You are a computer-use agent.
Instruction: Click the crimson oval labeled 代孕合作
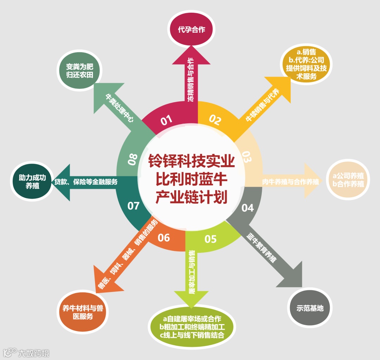pyautogui.click(x=191, y=30)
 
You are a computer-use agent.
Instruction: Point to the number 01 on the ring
pyautogui.click(x=167, y=120)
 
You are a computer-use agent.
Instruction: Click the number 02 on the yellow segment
pyautogui.click(x=215, y=120)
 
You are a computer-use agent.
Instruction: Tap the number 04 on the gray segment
pyautogui.click(x=247, y=208)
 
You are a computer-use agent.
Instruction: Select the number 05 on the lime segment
pyautogui.click(x=210, y=239)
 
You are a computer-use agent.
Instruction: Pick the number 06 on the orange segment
pyautogui.click(x=164, y=238)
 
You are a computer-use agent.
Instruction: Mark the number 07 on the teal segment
pyautogui.click(x=133, y=206)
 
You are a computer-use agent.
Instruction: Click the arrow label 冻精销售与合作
pyautogui.click(x=191, y=79)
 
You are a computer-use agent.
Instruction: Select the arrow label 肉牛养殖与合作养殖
pyautogui.click(x=290, y=182)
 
